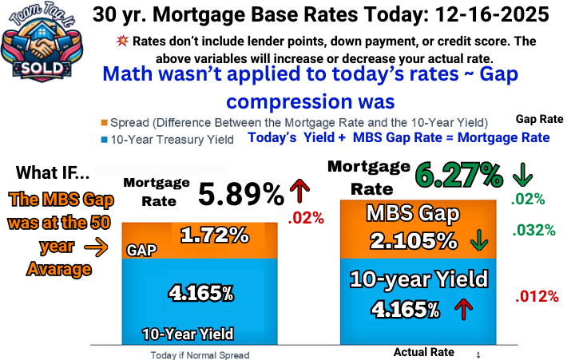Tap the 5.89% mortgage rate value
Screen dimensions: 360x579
(x=240, y=194)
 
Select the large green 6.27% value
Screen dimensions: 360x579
(x=458, y=173)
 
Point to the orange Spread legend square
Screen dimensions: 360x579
(x=104, y=122)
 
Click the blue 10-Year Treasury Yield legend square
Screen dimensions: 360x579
(x=104, y=140)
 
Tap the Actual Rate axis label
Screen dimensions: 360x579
(x=424, y=352)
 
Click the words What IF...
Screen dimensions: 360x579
(x=54, y=172)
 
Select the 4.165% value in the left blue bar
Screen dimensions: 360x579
(x=200, y=292)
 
